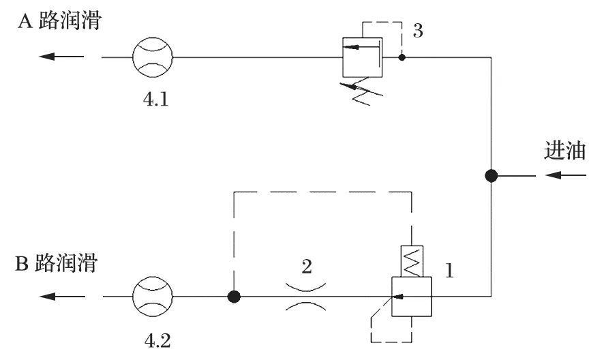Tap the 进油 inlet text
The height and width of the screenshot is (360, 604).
click(565, 151)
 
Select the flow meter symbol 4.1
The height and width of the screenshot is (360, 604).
click(153, 58)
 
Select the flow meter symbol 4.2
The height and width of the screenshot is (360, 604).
click(153, 297)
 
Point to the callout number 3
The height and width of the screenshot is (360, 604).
click(418, 31)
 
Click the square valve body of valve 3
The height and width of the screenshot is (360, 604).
click(363, 58)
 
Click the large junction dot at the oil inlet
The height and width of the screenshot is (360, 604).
click(491, 177)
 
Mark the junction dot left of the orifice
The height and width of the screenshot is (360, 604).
click(234, 297)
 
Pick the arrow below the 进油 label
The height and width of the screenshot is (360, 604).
click(565, 176)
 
